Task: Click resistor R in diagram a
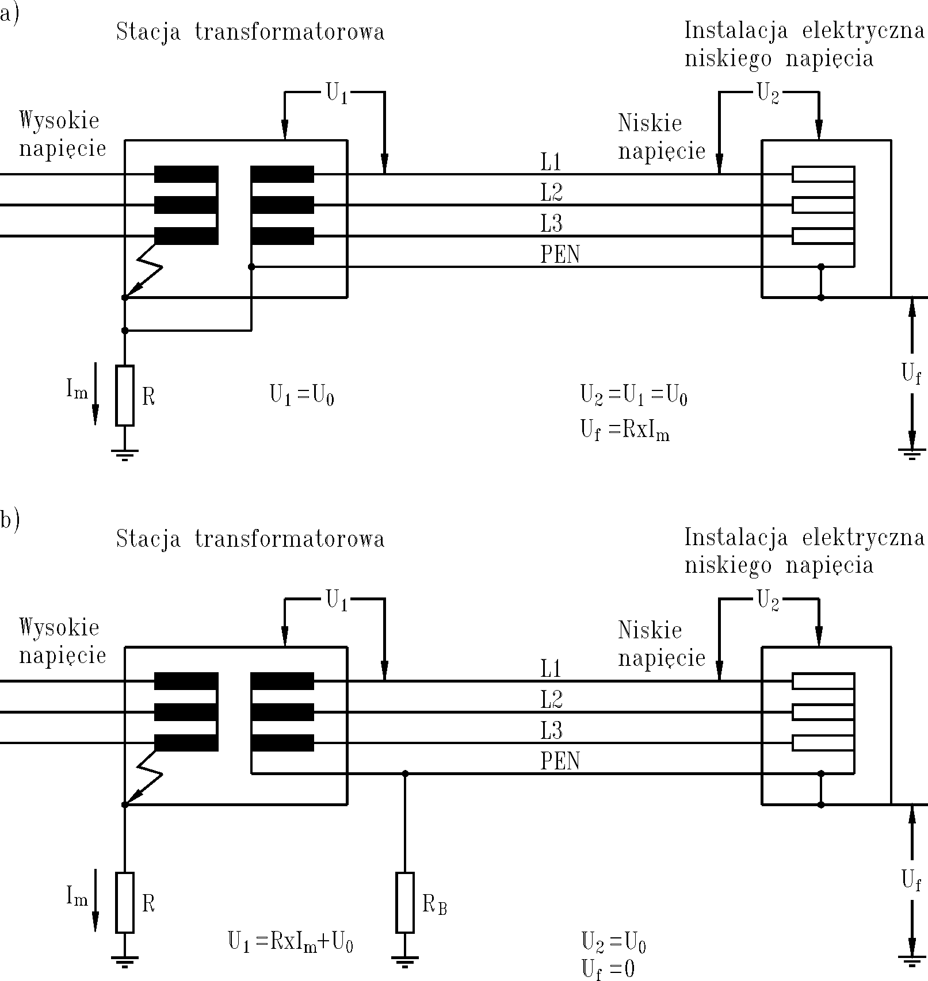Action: pyautogui.click(x=125, y=396)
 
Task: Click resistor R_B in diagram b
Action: pyautogui.click(x=405, y=902)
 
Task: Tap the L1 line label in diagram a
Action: pyautogui.click(x=551, y=163)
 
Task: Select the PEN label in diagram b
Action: pyautogui.click(x=560, y=761)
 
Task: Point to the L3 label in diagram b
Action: pyautogui.click(x=551, y=731)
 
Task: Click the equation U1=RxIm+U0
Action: pyautogui.click(x=291, y=943)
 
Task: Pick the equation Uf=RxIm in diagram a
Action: pyautogui.click(x=625, y=431)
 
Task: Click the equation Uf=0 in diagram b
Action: pyautogui.click(x=608, y=969)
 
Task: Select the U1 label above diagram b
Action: pyautogui.click(x=337, y=601)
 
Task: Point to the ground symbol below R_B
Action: pyautogui.click(x=405, y=960)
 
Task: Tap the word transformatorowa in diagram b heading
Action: pyautogui.click(x=289, y=539)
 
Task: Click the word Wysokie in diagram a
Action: pyautogui.click(x=59, y=121)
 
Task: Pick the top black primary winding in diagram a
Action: pyautogui.click(x=186, y=174)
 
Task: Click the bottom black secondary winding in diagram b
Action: pyautogui.click(x=282, y=743)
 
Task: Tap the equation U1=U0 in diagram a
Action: pyautogui.click(x=302, y=396)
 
